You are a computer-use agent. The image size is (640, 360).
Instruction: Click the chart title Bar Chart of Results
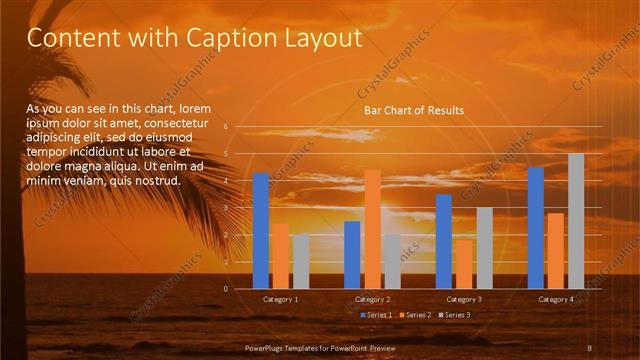[x=413, y=110]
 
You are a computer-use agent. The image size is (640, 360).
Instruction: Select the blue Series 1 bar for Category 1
[x=261, y=230]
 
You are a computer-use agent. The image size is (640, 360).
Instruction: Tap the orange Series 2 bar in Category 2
[x=372, y=229]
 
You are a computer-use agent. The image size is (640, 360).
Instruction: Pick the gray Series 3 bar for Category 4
[x=576, y=221]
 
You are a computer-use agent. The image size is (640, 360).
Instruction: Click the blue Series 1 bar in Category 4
[x=536, y=227]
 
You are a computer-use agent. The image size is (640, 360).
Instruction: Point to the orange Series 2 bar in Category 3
[x=464, y=264]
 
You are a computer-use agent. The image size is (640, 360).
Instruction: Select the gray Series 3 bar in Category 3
[x=484, y=248]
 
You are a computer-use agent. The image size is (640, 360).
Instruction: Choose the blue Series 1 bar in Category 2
[x=352, y=255]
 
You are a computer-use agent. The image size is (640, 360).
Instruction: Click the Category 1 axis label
[x=281, y=299]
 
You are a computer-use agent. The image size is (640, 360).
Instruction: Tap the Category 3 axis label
[x=464, y=299]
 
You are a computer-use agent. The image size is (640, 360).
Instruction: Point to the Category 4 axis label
[x=556, y=299]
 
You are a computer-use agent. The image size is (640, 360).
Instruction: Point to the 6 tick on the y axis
[x=226, y=127]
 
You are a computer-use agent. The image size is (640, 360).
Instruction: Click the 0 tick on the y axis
[x=226, y=289]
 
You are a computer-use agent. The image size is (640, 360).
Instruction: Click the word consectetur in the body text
[x=190, y=123]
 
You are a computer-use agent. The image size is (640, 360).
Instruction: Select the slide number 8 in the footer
[x=590, y=346]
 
